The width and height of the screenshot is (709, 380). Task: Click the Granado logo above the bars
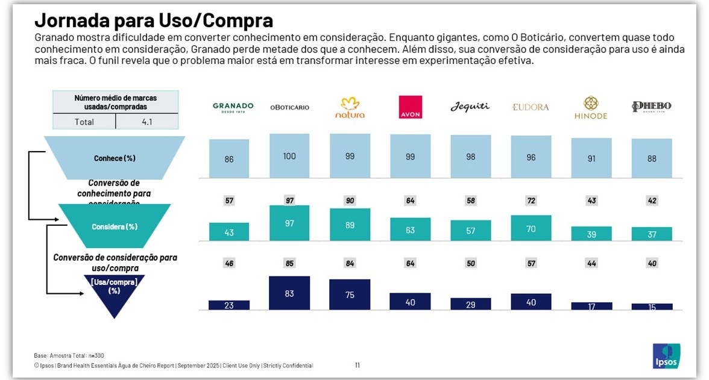click(233, 107)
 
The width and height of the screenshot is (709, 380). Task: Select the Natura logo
click(350, 107)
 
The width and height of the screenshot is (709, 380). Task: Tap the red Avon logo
click(411, 107)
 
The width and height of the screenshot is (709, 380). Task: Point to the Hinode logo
click(591, 108)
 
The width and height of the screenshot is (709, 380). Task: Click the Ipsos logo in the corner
click(666, 356)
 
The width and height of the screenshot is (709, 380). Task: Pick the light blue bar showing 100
click(289, 156)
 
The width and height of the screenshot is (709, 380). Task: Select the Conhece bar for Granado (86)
click(229, 159)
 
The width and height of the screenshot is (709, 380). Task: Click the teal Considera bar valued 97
click(289, 223)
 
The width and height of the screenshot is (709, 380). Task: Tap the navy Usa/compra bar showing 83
click(289, 293)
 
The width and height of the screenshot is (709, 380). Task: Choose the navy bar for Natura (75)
click(350, 294)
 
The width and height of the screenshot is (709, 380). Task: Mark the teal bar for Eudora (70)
click(531, 228)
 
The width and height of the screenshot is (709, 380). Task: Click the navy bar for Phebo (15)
click(652, 307)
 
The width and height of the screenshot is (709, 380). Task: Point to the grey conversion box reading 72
click(531, 201)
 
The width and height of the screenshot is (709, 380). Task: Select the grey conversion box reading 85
click(289, 263)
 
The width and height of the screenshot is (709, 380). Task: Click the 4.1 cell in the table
click(147, 122)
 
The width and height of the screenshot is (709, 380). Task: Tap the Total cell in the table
click(84, 122)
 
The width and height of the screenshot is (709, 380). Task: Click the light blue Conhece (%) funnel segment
click(115, 158)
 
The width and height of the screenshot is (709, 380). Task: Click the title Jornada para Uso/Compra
click(154, 20)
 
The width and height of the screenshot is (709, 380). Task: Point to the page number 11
click(358, 365)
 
